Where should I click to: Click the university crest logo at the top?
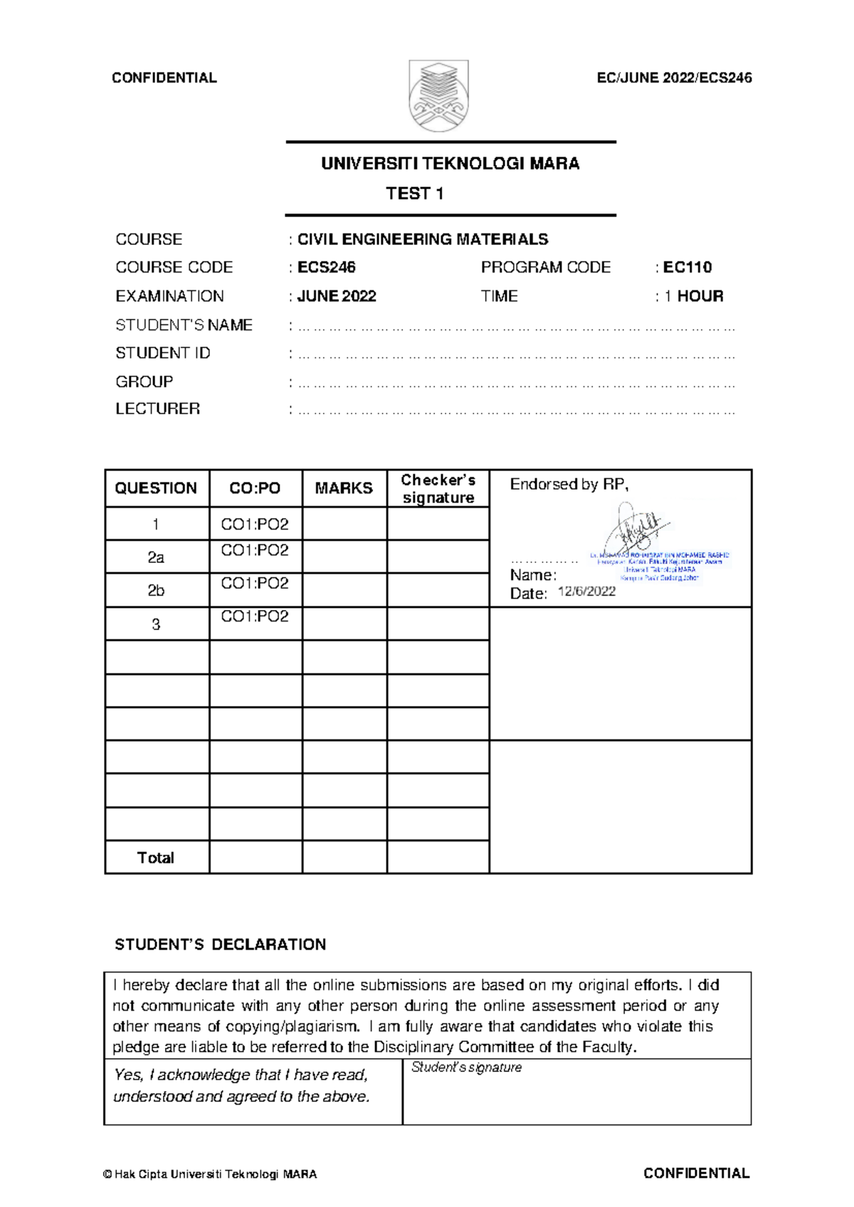coord(438,96)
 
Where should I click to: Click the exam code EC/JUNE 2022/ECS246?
coord(674,78)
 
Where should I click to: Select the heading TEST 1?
coord(415,194)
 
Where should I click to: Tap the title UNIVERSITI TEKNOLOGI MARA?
coord(450,164)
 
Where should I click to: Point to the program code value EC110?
coord(687,268)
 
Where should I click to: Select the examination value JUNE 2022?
coord(336,296)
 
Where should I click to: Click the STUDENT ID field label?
coord(163,353)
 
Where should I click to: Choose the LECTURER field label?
coord(157,409)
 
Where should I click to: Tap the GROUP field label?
coord(144,381)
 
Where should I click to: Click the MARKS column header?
coord(344,488)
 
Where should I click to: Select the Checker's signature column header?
coord(438,489)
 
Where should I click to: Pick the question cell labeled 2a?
coord(156,557)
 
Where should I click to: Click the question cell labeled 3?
coord(156,624)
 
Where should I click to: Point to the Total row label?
coord(155,858)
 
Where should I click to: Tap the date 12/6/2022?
coord(586,591)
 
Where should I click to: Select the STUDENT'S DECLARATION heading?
coord(220,944)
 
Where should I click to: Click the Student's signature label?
coord(466,1068)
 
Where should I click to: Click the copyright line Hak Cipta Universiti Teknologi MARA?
coord(210,1174)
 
